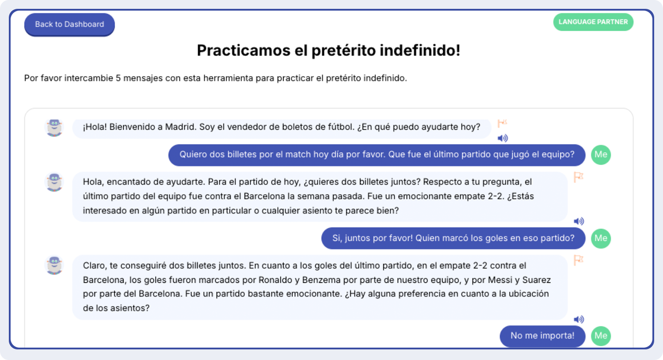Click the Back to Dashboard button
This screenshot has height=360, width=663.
pos(69,24)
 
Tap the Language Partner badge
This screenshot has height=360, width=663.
pos(593,22)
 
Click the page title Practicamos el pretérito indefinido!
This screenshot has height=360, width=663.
pos(328,50)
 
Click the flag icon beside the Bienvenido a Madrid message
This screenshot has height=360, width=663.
pos(502,123)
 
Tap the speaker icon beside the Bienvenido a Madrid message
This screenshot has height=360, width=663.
pos(503,138)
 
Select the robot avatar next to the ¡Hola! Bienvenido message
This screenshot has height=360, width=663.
pos(54,128)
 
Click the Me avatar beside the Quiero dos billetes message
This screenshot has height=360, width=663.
pos(601,154)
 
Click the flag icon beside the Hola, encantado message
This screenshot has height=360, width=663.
pos(578,177)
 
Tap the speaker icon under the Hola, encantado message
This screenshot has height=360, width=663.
pos(579,221)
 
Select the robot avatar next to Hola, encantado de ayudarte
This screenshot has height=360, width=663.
pos(54,182)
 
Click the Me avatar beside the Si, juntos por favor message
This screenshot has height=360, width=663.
pos(601,238)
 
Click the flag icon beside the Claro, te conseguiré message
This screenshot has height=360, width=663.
pos(578,260)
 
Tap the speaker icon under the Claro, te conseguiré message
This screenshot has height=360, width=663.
pos(579,319)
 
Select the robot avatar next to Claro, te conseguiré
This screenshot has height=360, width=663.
pos(54,265)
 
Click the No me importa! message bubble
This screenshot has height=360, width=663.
pos(542,336)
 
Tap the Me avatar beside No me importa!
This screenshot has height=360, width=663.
pos(601,336)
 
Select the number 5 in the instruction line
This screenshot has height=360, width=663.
pos(118,78)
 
